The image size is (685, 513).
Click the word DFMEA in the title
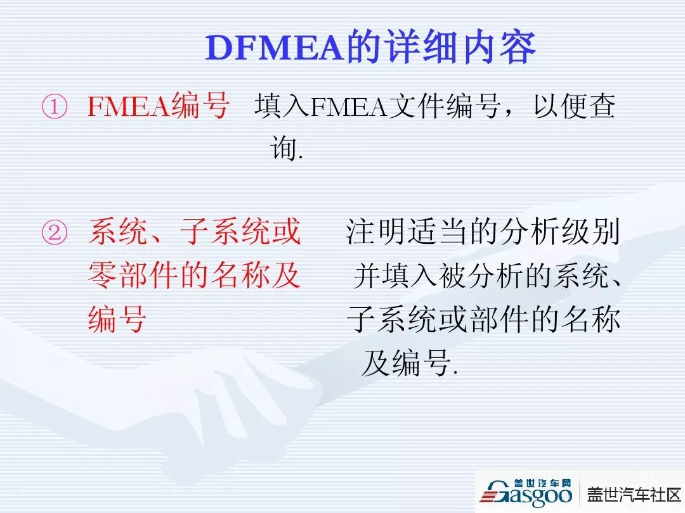click(274, 47)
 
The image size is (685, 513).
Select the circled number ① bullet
click(54, 106)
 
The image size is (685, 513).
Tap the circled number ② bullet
click(54, 232)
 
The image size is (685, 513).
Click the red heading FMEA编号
click(158, 106)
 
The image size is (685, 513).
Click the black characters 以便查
click(574, 106)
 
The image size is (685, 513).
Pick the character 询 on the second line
click(284, 148)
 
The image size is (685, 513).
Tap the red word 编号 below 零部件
click(117, 319)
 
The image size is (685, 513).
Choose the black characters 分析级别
click(560, 232)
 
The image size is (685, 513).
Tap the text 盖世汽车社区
click(634, 495)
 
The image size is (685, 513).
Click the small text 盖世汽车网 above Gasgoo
click(542, 483)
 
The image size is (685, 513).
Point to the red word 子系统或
click(241, 232)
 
